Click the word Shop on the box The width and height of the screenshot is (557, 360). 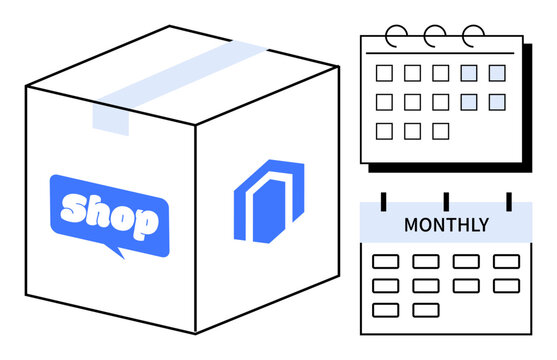click(x=109, y=214)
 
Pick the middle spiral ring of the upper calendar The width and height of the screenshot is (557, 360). click(x=434, y=35)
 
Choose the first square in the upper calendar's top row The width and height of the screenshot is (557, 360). click(x=383, y=73)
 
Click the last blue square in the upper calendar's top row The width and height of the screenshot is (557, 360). click(x=497, y=73)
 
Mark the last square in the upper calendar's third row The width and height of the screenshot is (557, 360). click(x=440, y=130)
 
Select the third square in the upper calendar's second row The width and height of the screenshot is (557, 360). click(x=440, y=101)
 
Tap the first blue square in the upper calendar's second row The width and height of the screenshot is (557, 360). click(x=469, y=101)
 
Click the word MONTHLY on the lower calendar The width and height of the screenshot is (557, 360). click(x=446, y=225)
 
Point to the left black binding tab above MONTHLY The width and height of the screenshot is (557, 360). click(x=382, y=201)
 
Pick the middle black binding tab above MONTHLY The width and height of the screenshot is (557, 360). click(x=446, y=201)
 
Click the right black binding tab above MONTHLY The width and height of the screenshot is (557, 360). click(x=508, y=201)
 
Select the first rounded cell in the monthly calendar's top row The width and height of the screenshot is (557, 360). click(x=385, y=261)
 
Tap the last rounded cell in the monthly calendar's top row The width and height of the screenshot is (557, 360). click(x=507, y=261)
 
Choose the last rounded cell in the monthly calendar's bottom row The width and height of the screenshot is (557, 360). click(x=426, y=310)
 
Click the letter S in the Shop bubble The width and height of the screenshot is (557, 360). click(x=75, y=210)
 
